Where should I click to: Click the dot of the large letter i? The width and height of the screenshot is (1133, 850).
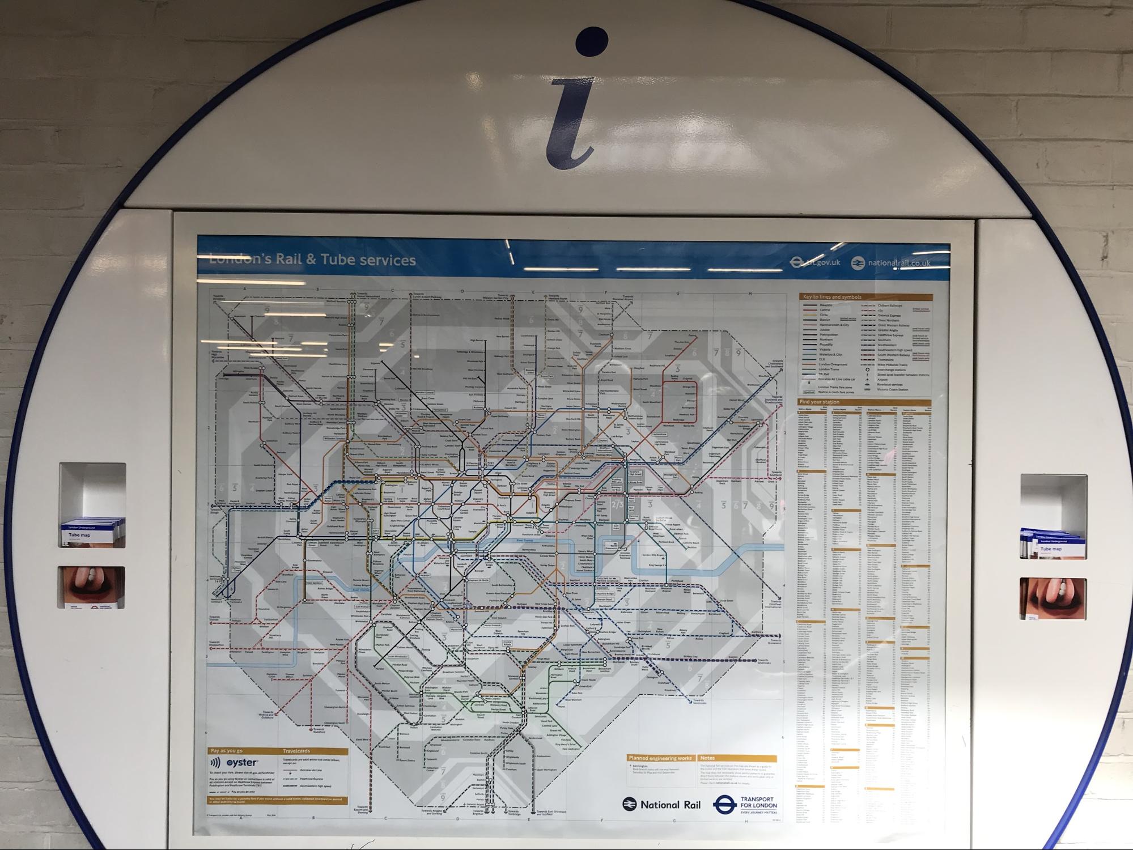(591, 42)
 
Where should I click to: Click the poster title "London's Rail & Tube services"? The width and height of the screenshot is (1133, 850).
(312, 260)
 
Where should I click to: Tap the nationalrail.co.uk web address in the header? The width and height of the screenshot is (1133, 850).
(899, 263)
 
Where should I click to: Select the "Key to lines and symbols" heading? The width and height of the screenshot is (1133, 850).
(831, 297)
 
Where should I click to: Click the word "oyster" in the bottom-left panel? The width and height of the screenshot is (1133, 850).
(242, 763)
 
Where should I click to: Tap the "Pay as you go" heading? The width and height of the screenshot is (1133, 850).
(227, 751)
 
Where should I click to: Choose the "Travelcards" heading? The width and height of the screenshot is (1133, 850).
(296, 751)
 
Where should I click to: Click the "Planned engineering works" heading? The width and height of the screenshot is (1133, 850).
(660, 758)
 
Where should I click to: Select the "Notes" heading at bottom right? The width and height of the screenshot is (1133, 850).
(707, 758)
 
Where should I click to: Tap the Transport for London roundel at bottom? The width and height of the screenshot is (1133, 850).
(724, 805)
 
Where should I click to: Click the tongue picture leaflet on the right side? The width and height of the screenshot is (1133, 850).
(1053, 598)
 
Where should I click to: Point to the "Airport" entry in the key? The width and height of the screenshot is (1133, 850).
(883, 380)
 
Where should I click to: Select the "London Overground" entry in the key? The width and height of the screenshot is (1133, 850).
(833, 364)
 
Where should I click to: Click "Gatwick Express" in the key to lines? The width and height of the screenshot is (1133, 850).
(889, 316)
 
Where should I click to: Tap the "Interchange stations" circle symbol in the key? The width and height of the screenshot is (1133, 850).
(867, 369)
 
